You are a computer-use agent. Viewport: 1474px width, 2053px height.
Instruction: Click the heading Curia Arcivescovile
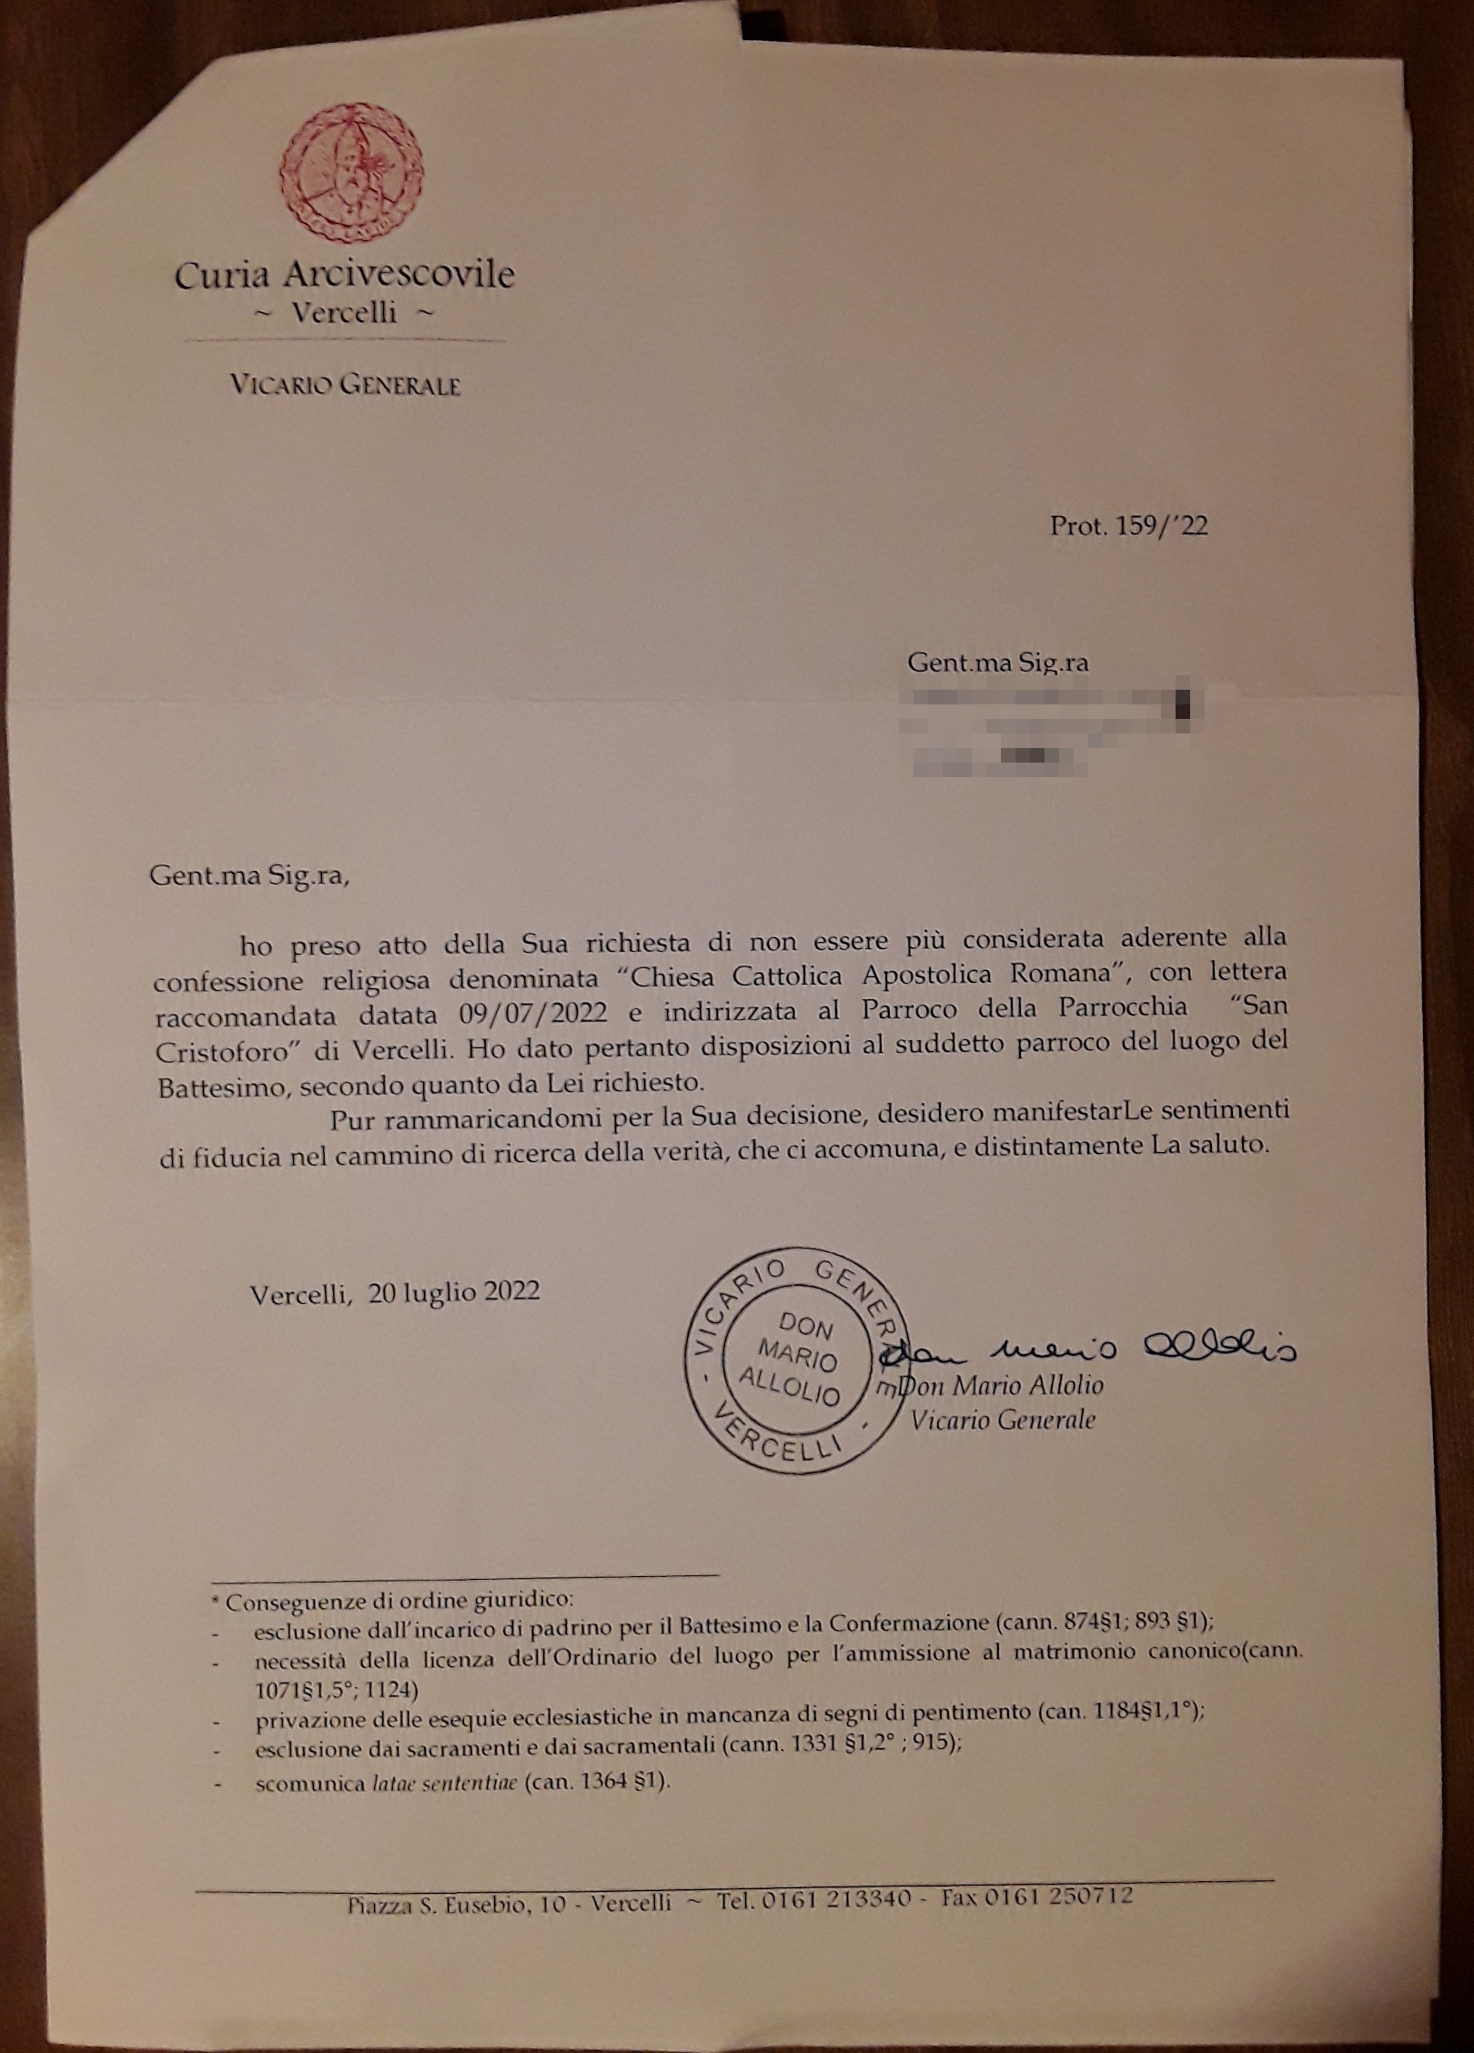tap(345, 275)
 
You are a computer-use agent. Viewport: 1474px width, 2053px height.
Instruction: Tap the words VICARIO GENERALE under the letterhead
tap(345, 385)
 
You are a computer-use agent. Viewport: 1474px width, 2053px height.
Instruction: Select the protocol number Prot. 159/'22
tap(1129, 526)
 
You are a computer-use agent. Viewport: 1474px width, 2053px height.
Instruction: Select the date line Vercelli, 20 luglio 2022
tap(395, 1292)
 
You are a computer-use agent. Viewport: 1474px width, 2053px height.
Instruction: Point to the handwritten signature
tap(1092, 1350)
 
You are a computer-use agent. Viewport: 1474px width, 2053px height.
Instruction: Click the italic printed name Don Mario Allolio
tap(1001, 1386)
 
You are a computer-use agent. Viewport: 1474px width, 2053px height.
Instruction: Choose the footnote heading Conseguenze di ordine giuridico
tap(399, 1601)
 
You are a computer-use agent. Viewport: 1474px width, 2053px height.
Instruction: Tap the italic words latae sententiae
tap(444, 1783)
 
